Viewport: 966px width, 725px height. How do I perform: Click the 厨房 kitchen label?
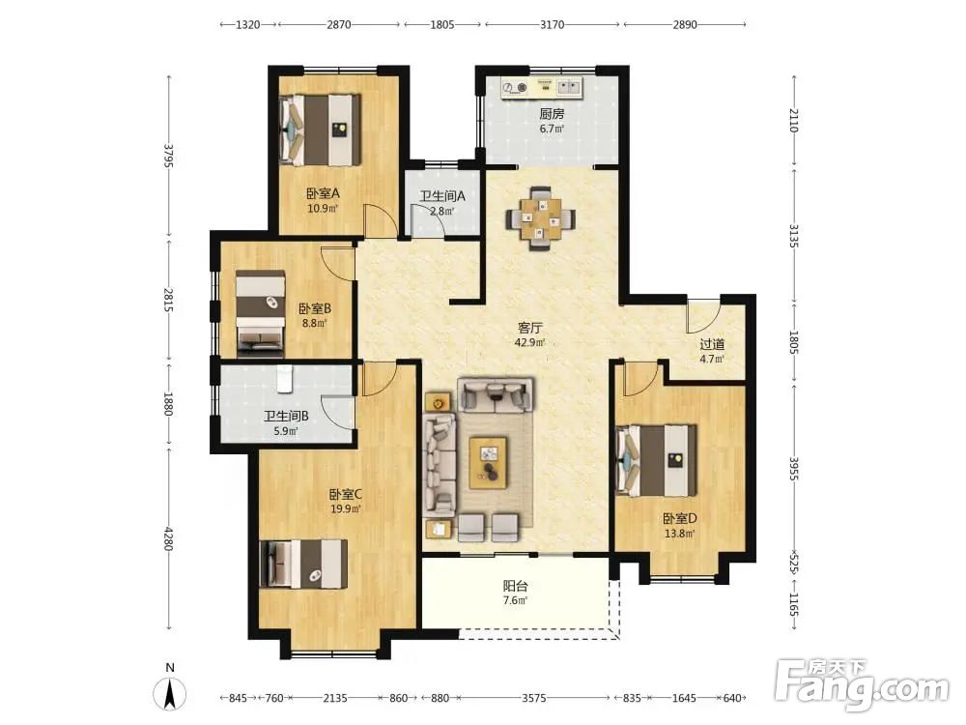pos(552,114)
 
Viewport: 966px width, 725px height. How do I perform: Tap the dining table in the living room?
pos(541,218)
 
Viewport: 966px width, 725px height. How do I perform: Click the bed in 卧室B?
pos(261,314)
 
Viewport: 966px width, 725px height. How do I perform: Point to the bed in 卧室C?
pos(303,564)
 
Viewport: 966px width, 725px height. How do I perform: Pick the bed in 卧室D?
pos(657,460)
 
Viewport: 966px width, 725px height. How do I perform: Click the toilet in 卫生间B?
pos(284,380)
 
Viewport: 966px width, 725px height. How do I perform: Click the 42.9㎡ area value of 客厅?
pos(529,342)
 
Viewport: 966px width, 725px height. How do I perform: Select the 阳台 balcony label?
pos(515,586)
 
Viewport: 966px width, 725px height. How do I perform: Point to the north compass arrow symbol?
pos(171,693)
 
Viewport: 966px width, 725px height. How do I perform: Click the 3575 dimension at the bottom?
pos(534,698)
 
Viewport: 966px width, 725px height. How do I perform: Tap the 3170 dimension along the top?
pos(552,25)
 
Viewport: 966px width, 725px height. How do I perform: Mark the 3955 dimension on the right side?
pos(794,469)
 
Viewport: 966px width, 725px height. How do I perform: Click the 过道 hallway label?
pos(712,345)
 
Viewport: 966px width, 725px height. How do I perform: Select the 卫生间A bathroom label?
pos(442,196)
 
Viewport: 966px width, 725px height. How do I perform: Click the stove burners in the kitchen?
pos(515,88)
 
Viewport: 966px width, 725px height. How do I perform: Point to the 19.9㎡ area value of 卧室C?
pos(345,509)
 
